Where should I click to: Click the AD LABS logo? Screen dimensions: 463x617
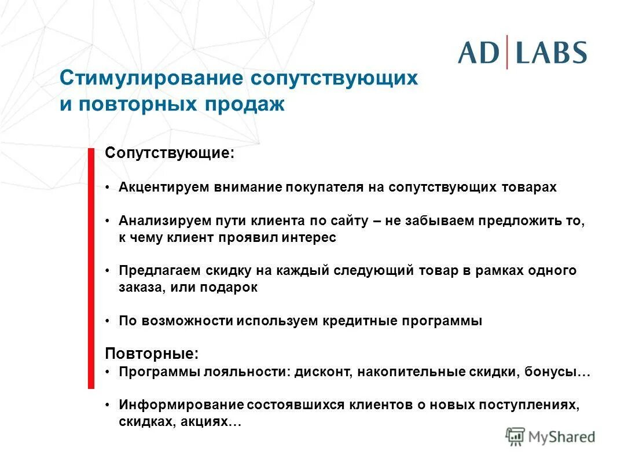(522, 52)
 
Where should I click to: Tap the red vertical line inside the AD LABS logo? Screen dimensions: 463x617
(507, 52)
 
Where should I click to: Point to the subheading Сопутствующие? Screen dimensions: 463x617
(170, 154)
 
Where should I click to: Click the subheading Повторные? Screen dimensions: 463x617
(151, 353)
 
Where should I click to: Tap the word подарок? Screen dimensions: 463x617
(230, 288)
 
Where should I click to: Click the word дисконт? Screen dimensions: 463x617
(320, 372)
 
